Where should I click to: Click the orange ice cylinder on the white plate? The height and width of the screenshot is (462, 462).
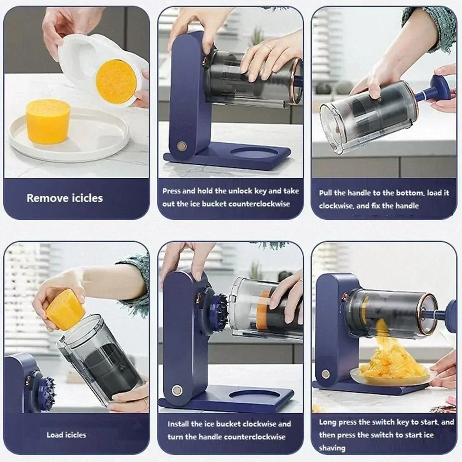48,121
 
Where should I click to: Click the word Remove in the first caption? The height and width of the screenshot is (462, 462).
46,198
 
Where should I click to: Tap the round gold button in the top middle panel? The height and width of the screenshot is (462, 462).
182,146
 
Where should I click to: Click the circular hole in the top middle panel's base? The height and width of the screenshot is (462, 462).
253,153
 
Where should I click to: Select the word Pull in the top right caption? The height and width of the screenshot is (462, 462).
326,193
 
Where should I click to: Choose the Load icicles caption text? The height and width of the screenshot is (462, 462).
66,435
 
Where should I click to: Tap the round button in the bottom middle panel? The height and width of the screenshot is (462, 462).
177,390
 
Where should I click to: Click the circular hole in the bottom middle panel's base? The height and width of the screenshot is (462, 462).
254,395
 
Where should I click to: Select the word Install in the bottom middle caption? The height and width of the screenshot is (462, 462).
178,424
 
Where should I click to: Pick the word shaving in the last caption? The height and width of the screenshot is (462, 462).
332,448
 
